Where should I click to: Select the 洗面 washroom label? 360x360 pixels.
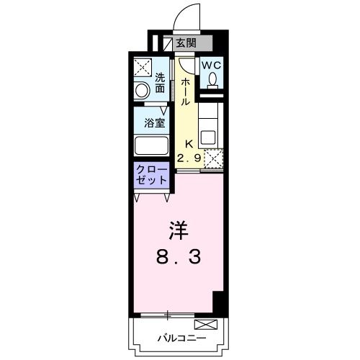click(x=159, y=83)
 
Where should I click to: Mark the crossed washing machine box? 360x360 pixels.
click(x=141, y=68)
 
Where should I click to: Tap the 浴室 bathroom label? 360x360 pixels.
click(x=155, y=122)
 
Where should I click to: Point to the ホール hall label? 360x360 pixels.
click(x=185, y=91)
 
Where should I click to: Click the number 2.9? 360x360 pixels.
click(x=189, y=158)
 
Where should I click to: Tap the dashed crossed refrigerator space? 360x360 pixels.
click(x=212, y=158)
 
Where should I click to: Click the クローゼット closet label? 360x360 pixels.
click(x=151, y=176)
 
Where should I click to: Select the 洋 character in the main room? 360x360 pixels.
click(x=178, y=230)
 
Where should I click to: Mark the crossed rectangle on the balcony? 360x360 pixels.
click(x=205, y=324)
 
